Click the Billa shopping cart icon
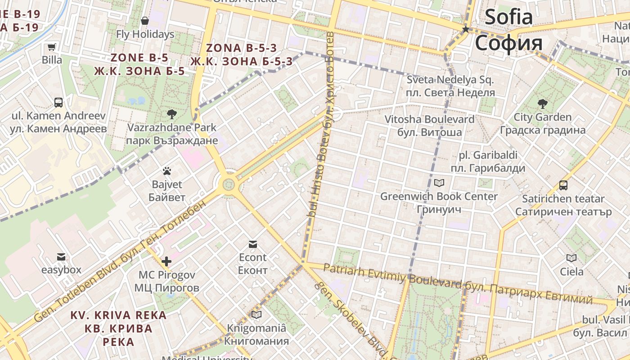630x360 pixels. [52, 47]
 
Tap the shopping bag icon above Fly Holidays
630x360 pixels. [145, 21]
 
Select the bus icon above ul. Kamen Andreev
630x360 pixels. [58, 103]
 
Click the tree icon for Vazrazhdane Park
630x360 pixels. [171, 114]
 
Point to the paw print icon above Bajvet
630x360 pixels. [167, 171]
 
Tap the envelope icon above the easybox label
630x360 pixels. [61, 257]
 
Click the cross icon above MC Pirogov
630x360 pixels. [166, 261]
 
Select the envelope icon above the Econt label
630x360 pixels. [252, 244]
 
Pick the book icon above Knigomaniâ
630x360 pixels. [256, 315]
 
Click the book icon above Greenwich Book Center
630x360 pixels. [439, 183]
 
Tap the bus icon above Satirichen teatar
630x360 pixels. [563, 185]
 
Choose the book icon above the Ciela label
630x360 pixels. [571, 258]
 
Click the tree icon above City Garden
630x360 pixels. [543, 104]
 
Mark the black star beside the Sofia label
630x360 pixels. [466, 29]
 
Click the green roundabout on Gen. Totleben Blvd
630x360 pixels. [229, 184]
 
